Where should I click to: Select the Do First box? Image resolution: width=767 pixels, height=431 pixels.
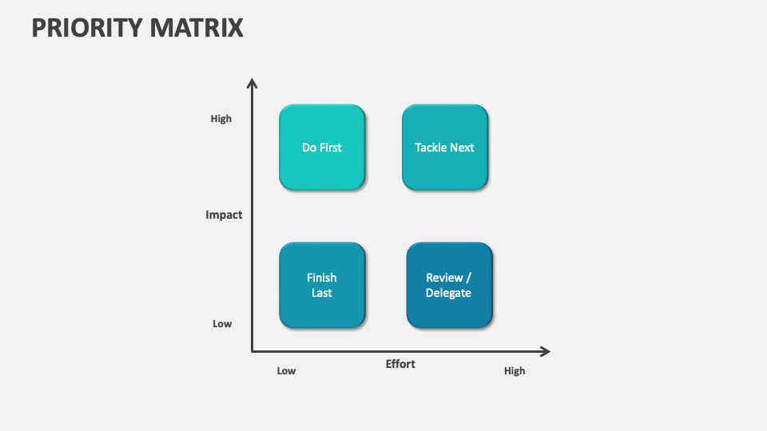click(322, 148)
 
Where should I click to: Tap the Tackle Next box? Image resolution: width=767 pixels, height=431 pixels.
click(445, 148)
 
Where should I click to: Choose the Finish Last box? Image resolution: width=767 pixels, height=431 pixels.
click(322, 285)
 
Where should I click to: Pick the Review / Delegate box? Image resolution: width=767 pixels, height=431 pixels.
click(449, 285)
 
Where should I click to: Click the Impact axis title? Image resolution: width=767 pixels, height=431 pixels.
click(224, 215)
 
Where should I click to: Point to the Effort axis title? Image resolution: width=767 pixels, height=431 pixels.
click(400, 364)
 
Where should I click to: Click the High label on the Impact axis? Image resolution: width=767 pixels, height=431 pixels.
click(221, 119)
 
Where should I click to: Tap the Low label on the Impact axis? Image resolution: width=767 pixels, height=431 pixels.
click(222, 324)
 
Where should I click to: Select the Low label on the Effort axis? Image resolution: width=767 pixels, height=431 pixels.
click(286, 371)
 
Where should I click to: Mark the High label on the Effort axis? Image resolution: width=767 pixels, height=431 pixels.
click(515, 371)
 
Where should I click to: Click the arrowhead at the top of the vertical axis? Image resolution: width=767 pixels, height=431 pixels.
click(252, 82)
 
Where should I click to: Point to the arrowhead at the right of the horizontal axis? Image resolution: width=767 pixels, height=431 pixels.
click(546, 351)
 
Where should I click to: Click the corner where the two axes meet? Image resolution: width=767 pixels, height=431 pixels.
click(252, 351)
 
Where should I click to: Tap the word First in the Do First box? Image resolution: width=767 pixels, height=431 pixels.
click(331, 148)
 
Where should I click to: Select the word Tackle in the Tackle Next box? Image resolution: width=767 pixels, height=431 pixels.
click(432, 148)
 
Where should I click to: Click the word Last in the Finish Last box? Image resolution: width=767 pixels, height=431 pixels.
click(322, 293)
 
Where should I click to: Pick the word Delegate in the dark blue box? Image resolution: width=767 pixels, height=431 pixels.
click(448, 293)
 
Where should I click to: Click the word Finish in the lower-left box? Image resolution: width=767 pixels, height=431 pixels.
click(322, 278)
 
